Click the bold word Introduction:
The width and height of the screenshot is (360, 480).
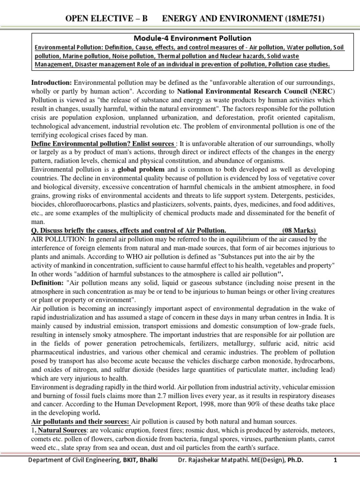coord(52,82)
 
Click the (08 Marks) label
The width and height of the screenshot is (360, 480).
coord(300,230)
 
